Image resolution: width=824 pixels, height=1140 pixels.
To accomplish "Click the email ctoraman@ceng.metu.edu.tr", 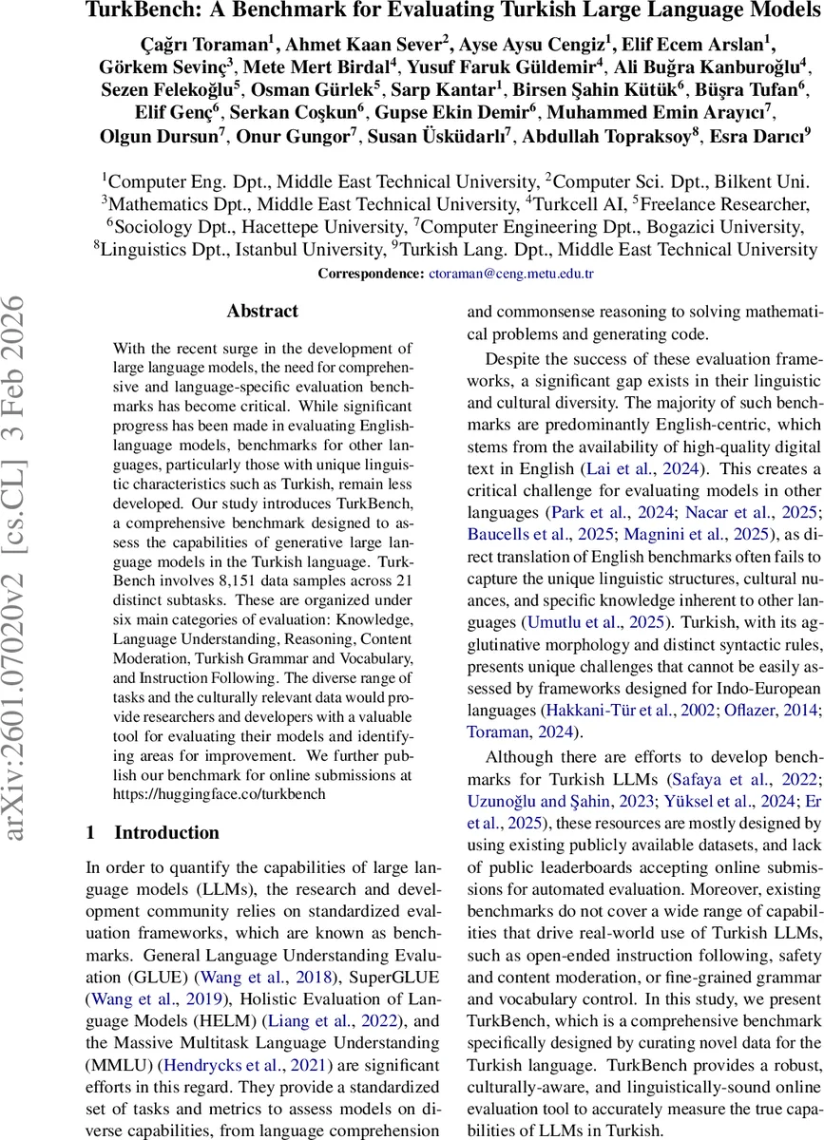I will pyautogui.click(x=512, y=273).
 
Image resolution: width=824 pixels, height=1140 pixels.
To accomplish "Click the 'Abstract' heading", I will pyautogui.click(x=262, y=311).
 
